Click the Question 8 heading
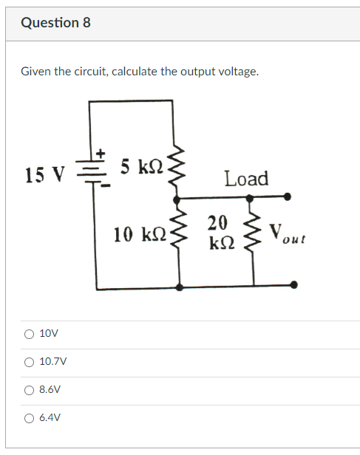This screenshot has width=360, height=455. (x=56, y=23)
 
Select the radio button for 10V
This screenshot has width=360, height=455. (x=28, y=334)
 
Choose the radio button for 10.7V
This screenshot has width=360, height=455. (x=28, y=362)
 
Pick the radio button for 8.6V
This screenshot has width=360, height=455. (x=28, y=389)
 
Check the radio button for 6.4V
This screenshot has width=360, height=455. (x=28, y=417)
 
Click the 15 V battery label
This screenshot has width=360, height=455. (x=44, y=175)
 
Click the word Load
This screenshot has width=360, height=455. (x=246, y=179)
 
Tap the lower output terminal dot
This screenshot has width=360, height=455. (x=294, y=284)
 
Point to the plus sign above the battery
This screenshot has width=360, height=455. (x=103, y=153)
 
